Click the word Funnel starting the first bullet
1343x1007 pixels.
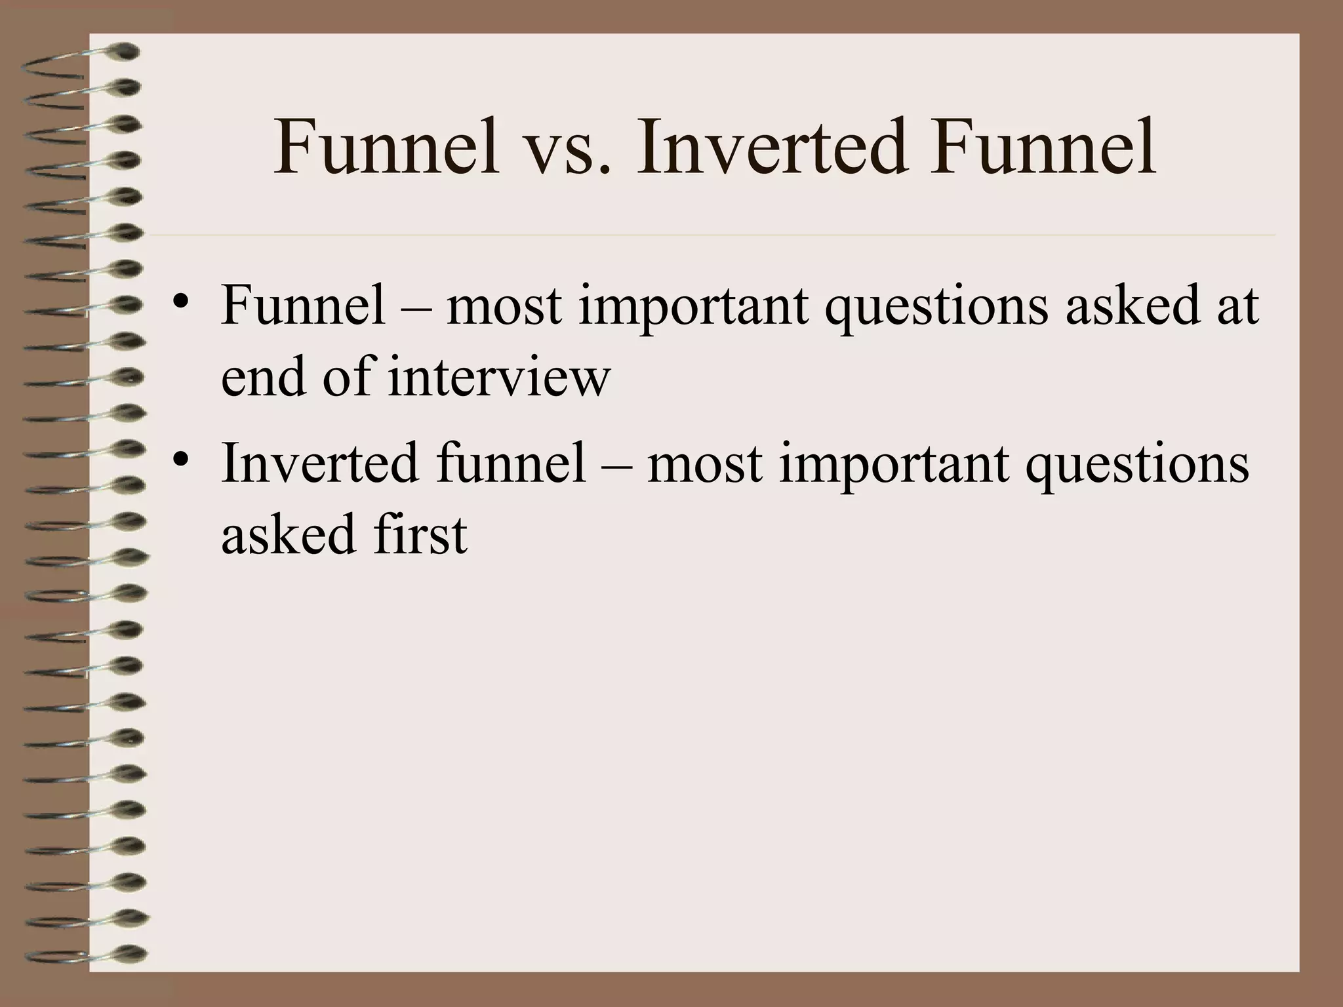(303, 306)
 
